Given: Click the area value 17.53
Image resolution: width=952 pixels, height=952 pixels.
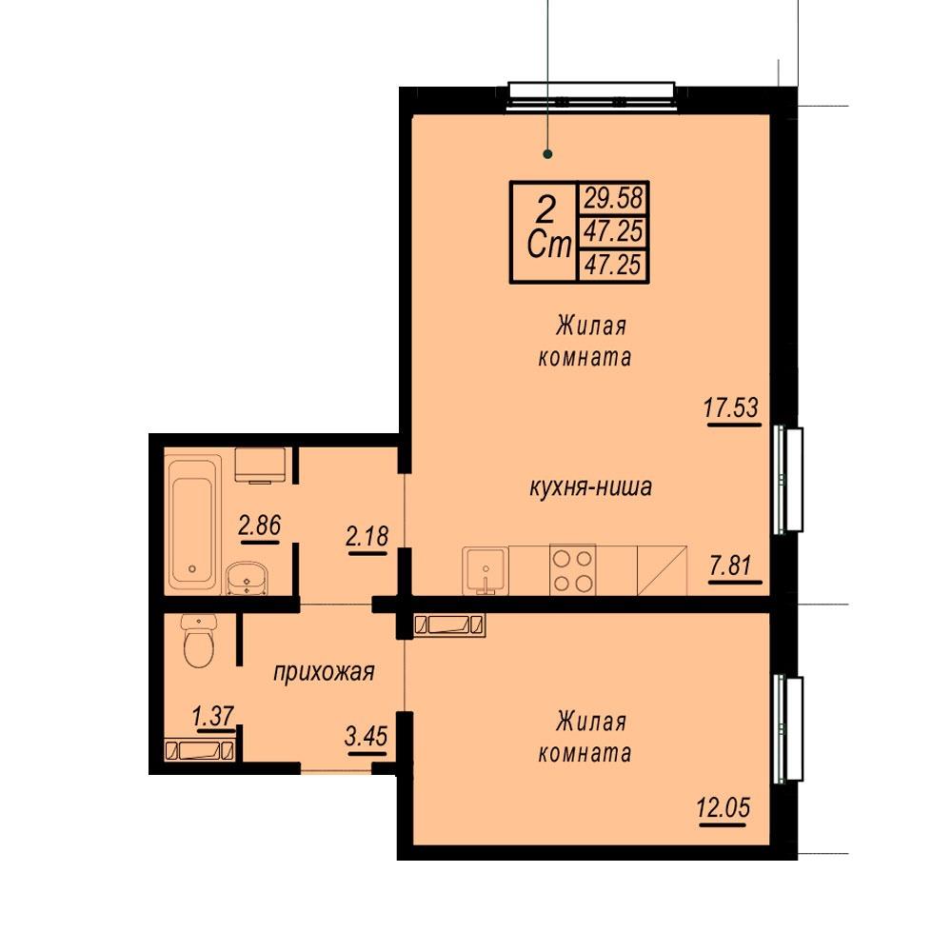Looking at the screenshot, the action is click(731, 407).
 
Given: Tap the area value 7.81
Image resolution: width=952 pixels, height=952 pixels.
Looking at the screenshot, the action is click(730, 565).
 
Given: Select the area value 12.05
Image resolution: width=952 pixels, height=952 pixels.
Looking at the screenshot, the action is click(724, 807).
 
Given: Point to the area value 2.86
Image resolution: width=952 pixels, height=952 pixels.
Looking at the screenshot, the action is click(260, 526).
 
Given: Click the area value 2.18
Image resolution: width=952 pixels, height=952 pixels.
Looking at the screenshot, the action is click(367, 536).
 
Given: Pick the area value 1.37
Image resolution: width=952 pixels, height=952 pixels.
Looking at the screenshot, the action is click(213, 716).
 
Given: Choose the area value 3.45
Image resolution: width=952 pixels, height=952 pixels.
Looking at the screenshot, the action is click(366, 737).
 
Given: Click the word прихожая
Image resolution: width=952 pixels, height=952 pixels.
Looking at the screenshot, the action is click(324, 673).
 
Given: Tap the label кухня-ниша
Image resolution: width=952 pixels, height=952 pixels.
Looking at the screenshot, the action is click(591, 486).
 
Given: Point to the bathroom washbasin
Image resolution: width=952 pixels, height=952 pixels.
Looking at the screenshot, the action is click(247, 578).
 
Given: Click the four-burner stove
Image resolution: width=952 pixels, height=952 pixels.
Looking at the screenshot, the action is click(572, 570).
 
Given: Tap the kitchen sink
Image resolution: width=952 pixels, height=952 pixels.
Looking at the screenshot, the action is click(486, 570).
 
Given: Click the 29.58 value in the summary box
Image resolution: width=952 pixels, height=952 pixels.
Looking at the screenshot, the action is click(613, 198).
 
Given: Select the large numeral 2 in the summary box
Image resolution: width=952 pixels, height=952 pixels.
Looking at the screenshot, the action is click(545, 210).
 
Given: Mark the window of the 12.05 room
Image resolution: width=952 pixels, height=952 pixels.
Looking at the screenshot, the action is click(788, 728).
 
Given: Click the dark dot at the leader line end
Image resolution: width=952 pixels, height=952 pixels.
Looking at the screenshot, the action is click(547, 154).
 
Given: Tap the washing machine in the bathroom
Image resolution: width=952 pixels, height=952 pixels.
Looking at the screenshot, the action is click(261, 466).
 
